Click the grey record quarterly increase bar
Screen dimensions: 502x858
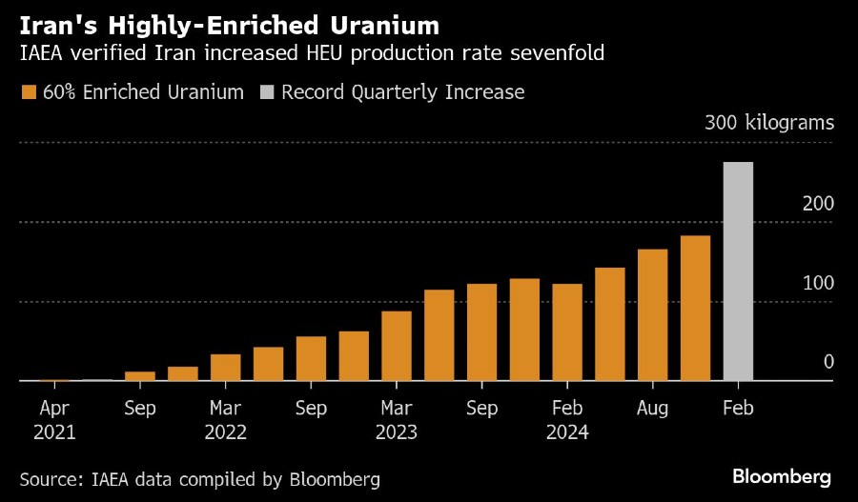coord(738,271)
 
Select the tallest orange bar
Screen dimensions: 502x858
coord(695,308)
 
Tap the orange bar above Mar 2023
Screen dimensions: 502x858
coord(397,346)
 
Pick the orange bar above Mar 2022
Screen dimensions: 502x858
coord(225,367)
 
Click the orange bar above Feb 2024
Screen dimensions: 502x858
coord(567,332)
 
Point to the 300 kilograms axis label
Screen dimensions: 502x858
coord(769,123)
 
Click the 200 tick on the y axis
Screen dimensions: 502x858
coord(819,204)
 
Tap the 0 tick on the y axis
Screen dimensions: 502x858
coord(828,362)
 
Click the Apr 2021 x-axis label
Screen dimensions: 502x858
coord(54,419)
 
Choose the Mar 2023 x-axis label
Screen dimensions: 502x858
coord(397,419)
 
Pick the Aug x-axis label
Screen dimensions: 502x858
coord(652,408)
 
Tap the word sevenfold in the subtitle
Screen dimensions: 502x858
coord(562,55)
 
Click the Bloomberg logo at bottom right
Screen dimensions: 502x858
coord(782,475)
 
